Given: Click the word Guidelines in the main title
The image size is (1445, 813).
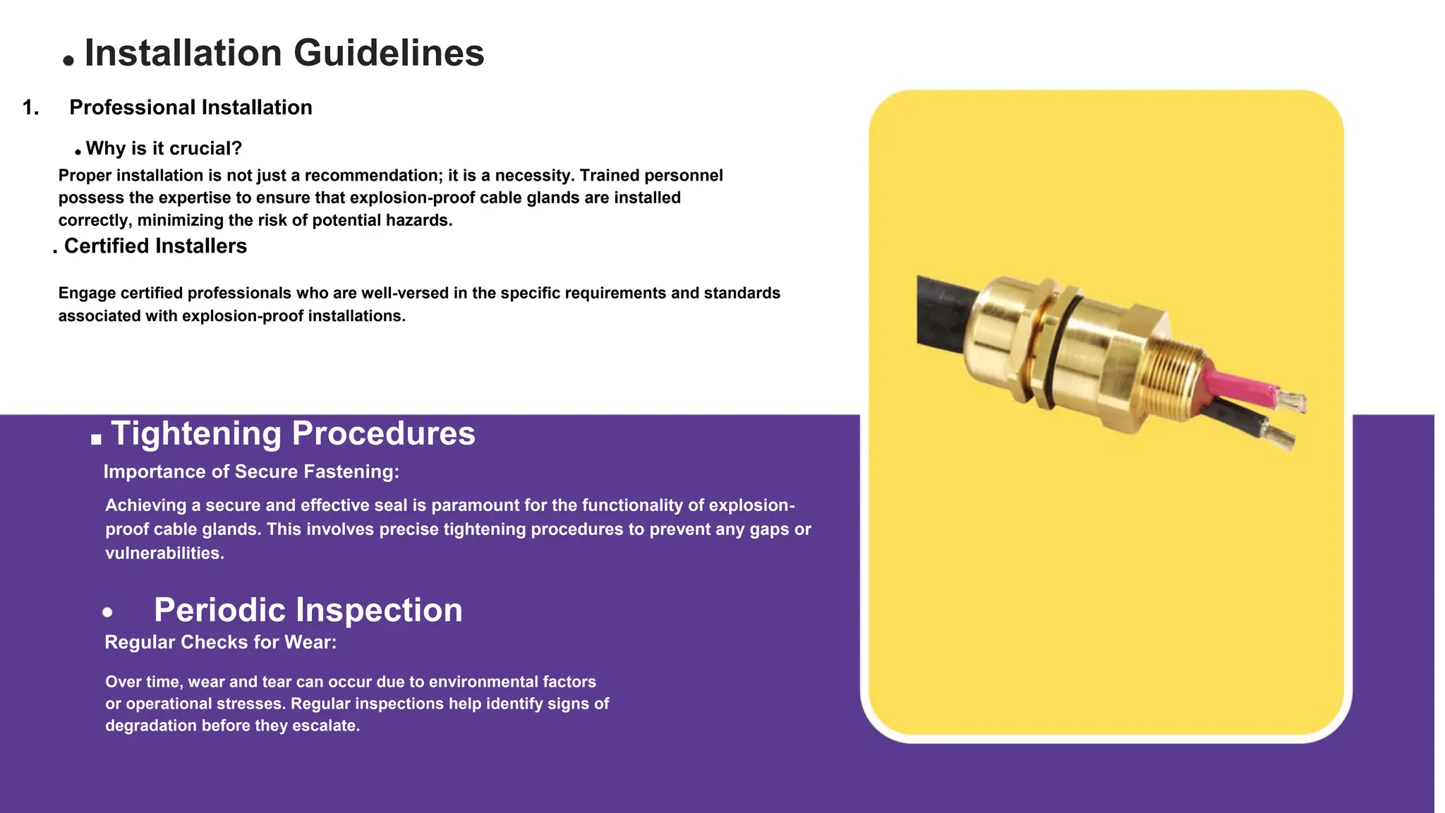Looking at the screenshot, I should pyautogui.click(x=389, y=53).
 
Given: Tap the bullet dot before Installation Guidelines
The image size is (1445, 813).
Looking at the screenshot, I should pyautogui.click(x=68, y=61).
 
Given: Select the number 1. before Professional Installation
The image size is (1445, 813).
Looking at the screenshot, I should pyautogui.click(x=30, y=107).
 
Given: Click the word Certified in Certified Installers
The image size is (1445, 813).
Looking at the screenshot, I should pyautogui.click(x=107, y=246).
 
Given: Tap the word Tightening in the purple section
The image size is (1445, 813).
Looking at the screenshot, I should pyautogui.click(x=196, y=433).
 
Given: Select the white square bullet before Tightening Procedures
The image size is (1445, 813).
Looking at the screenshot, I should pyautogui.click(x=97, y=439).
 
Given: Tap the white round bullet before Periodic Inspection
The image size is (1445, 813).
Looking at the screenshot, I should pyautogui.click(x=107, y=613).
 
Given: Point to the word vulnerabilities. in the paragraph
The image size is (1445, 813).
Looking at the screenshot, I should pyautogui.click(x=164, y=553).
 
